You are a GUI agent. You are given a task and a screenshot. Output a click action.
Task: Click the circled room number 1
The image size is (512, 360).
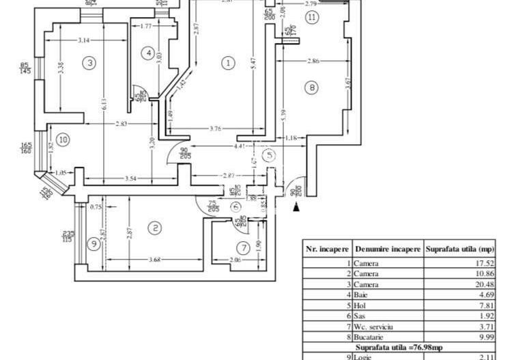click(228, 63)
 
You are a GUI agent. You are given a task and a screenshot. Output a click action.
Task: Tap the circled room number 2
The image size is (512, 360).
click(156, 228)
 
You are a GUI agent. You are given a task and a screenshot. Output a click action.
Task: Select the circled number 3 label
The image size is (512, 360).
click(89, 63)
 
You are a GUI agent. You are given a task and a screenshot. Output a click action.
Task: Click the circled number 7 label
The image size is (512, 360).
click(243, 247)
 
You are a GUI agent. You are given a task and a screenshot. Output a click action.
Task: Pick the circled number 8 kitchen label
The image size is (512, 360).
click(312, 87)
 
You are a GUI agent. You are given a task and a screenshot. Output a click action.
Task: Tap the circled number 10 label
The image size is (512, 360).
click(63, 140)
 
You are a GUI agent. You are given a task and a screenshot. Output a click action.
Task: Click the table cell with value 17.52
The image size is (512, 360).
click(483, 263)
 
